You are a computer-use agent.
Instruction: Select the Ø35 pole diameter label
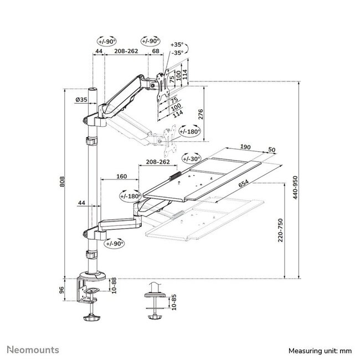(81, 100)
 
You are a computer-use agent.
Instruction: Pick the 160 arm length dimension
(122, 177)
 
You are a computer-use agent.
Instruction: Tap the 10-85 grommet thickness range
(175, 302)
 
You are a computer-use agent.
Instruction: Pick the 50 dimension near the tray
(271, 149)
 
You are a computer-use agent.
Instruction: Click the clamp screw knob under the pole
(91, 318)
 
